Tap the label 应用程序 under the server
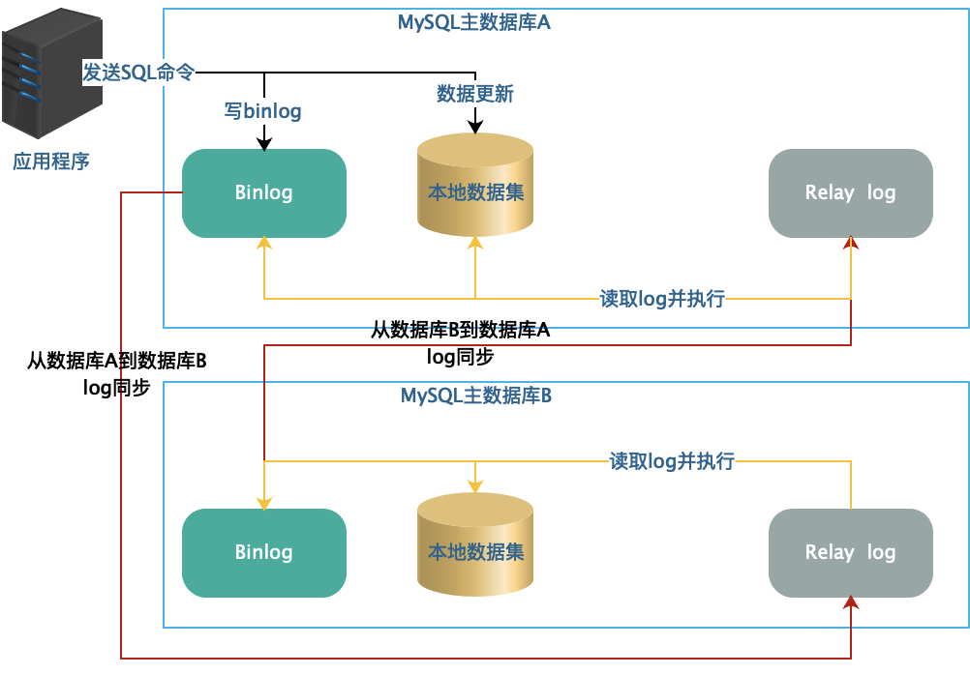(x=50, y=161)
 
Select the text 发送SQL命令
(x=138, y=73)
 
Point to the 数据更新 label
(x=475, y=94)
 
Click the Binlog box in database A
(x=263, y=192)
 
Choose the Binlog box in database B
(x=263, y=552)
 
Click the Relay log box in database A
(x=850, y=192)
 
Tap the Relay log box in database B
(x=850, y=552)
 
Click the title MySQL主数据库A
(x=475, y=22)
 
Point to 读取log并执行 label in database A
(x=662, y=299)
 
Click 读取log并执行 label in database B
(x=672, y=461)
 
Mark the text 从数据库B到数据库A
(x=460, y=331)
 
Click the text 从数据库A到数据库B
(x=116, y=362)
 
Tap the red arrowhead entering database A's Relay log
(x=851, y=244)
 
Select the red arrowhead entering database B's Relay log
(x=851, y=602)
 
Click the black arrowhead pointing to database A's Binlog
(x=263, y=145)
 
